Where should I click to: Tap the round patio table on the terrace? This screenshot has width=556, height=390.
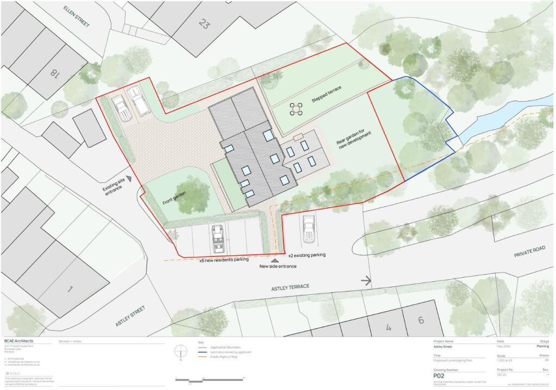[296, 109]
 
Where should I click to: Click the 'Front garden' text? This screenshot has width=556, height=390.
[174, 196]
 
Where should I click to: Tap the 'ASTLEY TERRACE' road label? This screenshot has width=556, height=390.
[290, 286]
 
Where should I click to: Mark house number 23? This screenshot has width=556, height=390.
[204, 23]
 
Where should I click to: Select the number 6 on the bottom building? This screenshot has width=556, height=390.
[420, 320]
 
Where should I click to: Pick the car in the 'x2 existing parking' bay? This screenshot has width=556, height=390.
[309, 228]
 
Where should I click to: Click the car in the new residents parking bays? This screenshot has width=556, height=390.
[218, 238]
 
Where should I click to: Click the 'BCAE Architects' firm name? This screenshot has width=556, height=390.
[19, 341]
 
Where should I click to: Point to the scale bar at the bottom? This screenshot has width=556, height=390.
[210, 379]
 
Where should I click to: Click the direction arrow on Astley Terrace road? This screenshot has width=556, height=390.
[367, 281]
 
